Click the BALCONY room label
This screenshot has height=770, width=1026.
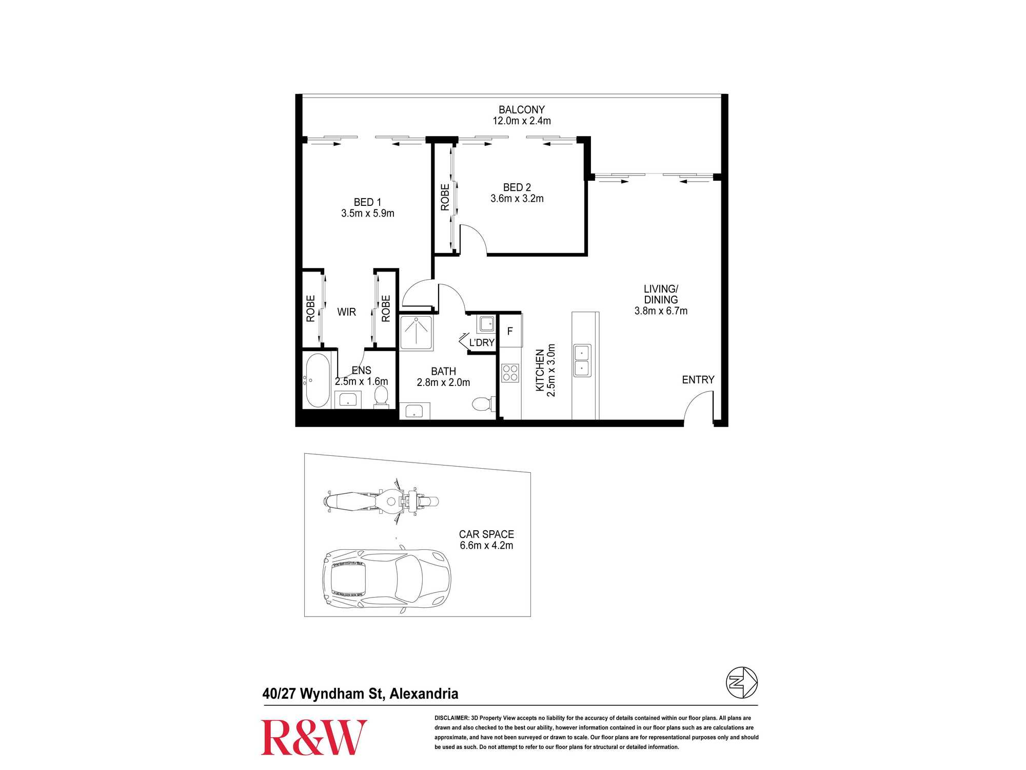522,110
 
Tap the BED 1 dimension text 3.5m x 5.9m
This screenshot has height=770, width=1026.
368,214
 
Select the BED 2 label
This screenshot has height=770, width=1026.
517,187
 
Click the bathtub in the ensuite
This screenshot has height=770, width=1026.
318,380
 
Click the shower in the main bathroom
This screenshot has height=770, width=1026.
416,333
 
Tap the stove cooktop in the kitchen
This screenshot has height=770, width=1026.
510,373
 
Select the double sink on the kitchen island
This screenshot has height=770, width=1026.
582,360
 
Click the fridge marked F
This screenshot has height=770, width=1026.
510,331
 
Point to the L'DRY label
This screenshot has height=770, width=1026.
482,342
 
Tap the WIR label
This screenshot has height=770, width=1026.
347,312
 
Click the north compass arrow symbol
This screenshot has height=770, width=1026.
742,683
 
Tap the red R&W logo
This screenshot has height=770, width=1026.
314,737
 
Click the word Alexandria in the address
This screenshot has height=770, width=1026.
424,694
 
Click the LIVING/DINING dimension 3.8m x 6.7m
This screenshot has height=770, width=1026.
661,311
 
